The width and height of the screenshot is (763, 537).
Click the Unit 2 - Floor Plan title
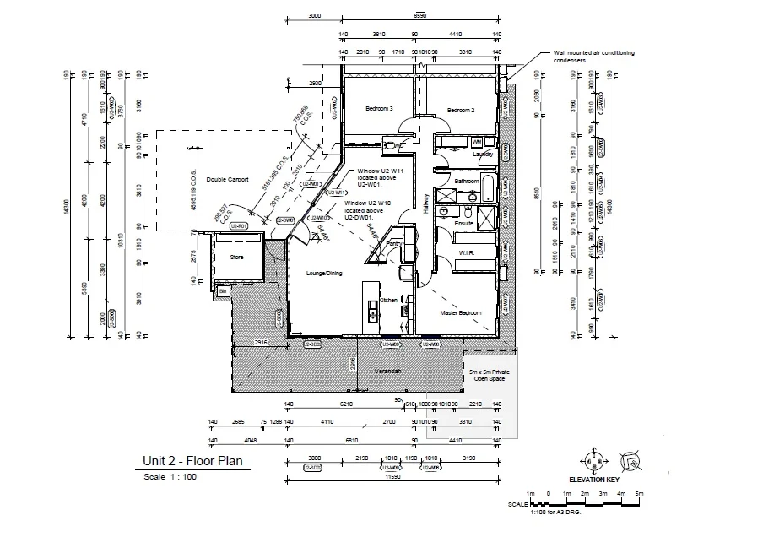click(x=192, y=461)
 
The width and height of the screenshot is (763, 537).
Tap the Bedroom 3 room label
click(x=379, y=109)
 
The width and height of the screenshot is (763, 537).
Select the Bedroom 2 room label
click(x=461, y=111)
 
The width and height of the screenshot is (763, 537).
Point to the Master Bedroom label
click(x=461, y=313)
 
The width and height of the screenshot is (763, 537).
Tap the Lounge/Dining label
click(x=324, y=273)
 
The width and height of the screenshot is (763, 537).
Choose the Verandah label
click(x=387, y=372)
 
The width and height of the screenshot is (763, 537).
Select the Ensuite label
click(x=465, y=223)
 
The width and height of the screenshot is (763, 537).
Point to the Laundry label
click(x=483, y=155)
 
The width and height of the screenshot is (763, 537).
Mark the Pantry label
click(x=392, y=244)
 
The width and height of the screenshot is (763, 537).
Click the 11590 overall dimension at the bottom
click(x=392, y=477)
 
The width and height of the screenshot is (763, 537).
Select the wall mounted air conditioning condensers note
click(x=593, y=57)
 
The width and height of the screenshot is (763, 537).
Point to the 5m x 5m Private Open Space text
click(x=489, y=375)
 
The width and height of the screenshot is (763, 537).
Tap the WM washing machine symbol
click(x=477, y=141)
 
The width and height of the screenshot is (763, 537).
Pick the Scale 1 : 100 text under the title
click(x=170, y=477)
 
